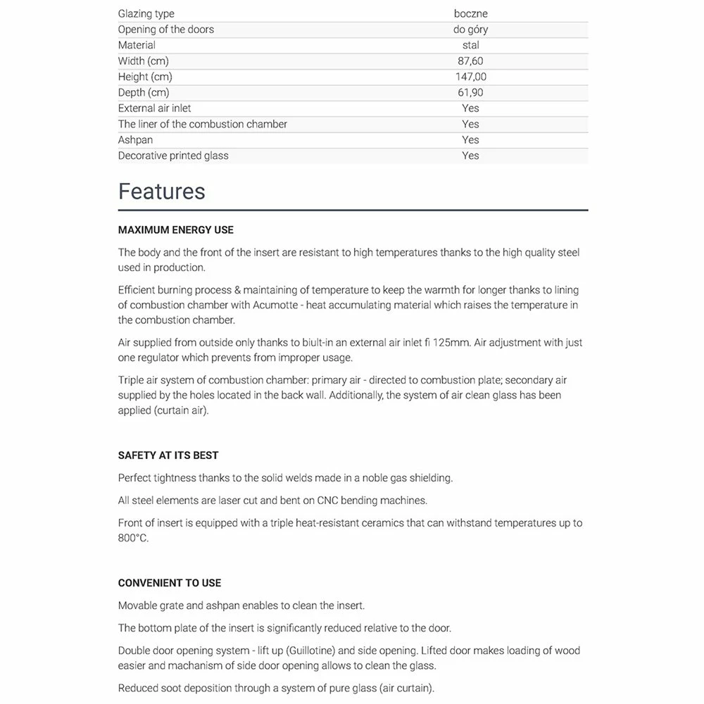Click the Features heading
tap(161, 191)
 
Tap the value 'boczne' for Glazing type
tap(470, 13)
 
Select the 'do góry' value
tap(470, 30)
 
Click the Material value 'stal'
tap(470, 45)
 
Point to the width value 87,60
tap(470, 61)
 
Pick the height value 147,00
tap(470, 77)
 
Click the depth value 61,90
tap(470, 92)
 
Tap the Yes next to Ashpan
tap(470, 140)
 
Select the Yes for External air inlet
tap(470, 108)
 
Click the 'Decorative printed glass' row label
tap(173, 156)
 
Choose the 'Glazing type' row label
tap(146, 13)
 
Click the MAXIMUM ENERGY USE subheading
tap(175, 230)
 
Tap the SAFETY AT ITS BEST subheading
tap(168, 455)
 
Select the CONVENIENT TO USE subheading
tap(170, 583)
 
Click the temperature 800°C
tap(133, 538)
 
